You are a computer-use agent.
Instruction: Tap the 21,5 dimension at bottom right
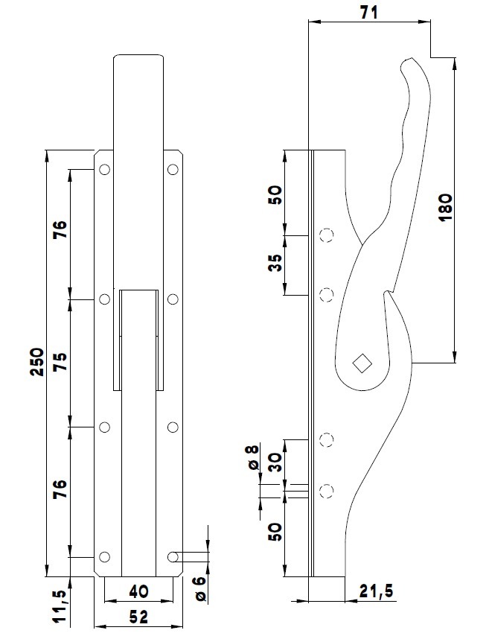coord(376,591)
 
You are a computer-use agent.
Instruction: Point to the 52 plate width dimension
coord(139,617)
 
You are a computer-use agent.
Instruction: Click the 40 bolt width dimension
coord(139,591)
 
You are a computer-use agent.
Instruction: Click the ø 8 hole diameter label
coord(253,456)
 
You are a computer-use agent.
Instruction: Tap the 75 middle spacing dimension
coord(61,363)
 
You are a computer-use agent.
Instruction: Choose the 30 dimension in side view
coord(275,462)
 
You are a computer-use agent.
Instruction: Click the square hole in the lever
coord(362,363)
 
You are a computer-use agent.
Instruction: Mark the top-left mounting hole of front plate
coord(104,170)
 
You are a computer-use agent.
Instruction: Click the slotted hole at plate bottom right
coord(176,557)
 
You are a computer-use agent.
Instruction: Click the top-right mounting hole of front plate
coord(173,170)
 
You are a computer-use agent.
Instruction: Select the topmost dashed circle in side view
coord(325,237)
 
